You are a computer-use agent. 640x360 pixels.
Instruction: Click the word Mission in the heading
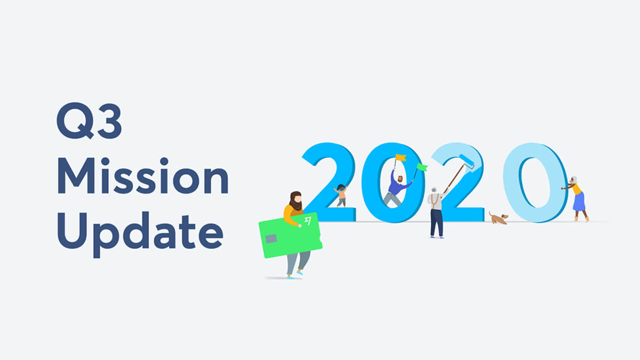point(143,175)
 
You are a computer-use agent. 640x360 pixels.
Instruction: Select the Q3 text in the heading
point(89,121)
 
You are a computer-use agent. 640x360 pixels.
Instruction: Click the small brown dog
point(498,218)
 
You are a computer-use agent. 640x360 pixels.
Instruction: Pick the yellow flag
point(401,157)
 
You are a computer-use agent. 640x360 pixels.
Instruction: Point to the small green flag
point(422,167)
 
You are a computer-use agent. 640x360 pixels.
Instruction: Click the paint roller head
point(467,161)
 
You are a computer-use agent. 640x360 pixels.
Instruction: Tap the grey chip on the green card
point(271,238)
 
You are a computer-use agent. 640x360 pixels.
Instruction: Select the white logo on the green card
point(308,221)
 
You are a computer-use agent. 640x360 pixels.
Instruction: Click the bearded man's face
point(298,198)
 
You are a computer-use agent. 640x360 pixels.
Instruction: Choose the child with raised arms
point(341,195)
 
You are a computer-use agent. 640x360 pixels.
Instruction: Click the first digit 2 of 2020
point(329,182)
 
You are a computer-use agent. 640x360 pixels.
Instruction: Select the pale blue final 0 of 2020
point(535,182)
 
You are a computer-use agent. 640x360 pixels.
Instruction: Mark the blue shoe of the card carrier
point(300,273)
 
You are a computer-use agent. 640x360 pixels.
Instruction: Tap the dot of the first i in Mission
point(105,161)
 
